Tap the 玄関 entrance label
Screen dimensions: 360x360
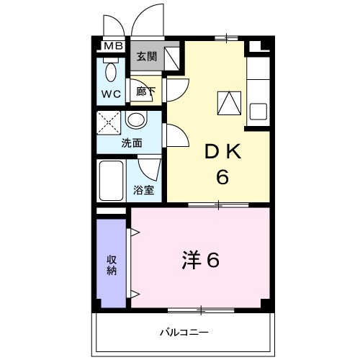(x=146, y=57)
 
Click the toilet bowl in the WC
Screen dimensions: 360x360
(x=111, y=73)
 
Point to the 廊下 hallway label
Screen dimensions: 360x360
(x=145, y=92)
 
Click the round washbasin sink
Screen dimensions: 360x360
(x=137, y=121)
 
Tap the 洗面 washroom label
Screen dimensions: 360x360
(x=131, y=143)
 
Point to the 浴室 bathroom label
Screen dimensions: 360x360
(x=143, y=191)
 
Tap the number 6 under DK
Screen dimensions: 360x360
(x=222, y=176)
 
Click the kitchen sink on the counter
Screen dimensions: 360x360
(x=258, y=113)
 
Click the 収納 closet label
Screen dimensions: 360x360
(x=112, y=265)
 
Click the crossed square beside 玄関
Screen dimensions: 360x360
(x=171, y=57)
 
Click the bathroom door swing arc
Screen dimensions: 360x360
(x=149, y=169)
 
